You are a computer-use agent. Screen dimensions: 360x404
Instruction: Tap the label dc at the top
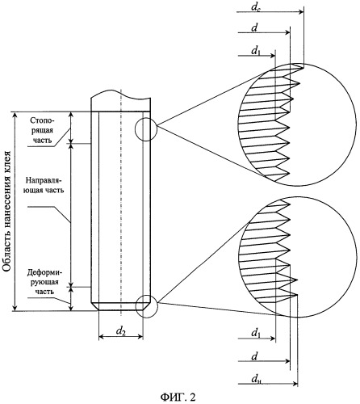point(256,6)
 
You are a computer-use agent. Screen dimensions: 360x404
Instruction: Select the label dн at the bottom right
point(257,379)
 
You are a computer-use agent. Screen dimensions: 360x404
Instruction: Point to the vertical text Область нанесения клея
point(6,212)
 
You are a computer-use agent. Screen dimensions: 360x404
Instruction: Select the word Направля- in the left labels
point(44,179)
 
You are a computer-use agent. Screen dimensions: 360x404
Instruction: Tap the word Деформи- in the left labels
point(44,273)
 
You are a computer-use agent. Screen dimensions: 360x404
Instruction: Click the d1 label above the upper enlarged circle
point(256,51)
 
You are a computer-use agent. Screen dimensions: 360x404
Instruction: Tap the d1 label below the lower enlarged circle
point(256,333)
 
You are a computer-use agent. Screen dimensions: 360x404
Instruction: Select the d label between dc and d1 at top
point(254,28)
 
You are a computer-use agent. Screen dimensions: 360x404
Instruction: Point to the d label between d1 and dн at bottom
point(254,356)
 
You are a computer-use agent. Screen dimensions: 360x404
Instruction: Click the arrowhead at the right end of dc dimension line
point(301,12)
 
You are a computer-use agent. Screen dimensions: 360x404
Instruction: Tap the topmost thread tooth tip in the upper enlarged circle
point(303,67)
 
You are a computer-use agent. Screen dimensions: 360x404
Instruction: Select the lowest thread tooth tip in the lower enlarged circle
point(298,295)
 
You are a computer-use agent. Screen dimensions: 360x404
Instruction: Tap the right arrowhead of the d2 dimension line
point(140,337)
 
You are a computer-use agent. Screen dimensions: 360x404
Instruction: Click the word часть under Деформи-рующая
point(44,292)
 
